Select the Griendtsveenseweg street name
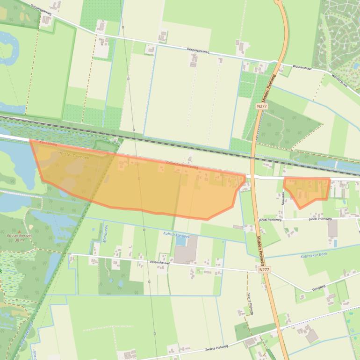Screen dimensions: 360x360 tap(182, 165)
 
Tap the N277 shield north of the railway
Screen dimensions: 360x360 tap(262, 107)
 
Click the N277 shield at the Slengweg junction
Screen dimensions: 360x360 tap(264, 270)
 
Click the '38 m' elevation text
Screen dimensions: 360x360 tap(19, 240)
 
